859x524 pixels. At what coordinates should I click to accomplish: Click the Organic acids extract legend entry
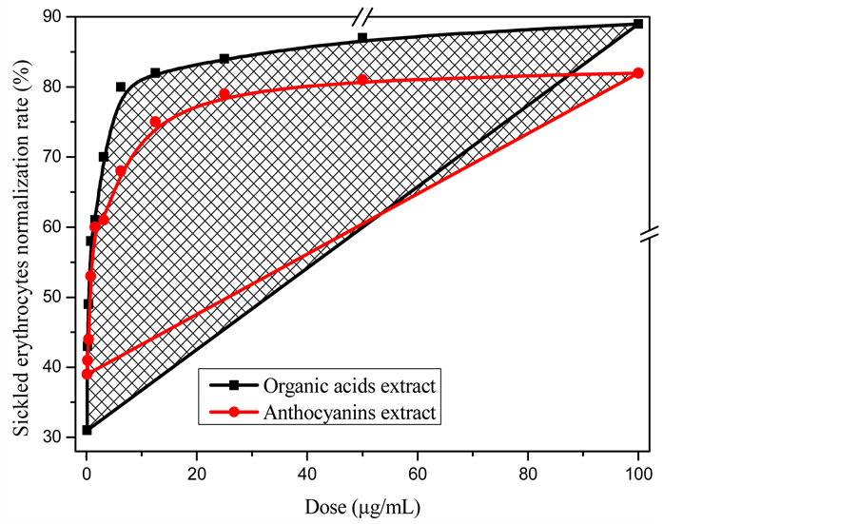point(349,386)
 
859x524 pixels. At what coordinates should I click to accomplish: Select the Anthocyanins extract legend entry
point(349,413)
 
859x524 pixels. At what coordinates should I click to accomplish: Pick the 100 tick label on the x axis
point(638,473)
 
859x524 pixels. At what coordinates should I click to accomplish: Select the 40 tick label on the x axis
point(307,473)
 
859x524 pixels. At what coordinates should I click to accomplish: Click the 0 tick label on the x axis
point(87,473)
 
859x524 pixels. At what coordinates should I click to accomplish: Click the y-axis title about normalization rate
point(21,226)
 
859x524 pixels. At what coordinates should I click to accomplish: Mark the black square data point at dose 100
point(638,24)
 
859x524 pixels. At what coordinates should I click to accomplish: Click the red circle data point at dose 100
point(638,73)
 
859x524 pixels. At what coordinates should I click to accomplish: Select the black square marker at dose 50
point(362,38)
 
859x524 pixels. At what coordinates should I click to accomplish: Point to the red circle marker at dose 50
point(362,80)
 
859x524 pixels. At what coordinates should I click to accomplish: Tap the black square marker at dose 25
point(225,59)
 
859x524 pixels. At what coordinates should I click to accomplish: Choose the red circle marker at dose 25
point(225,94)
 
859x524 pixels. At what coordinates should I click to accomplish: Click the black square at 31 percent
point(87,430)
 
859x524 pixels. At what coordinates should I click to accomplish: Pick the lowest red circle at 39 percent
point(87,374)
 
